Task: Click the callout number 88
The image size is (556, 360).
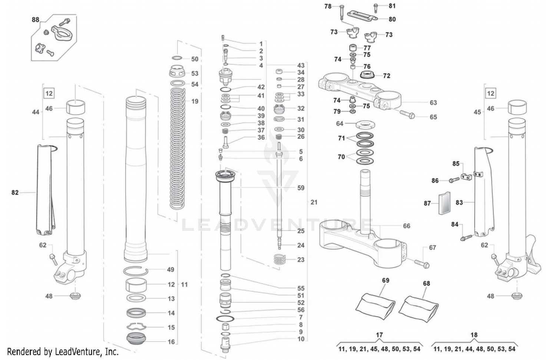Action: click(x=35, y=20)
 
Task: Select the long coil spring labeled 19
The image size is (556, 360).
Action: click(x=178, y=148)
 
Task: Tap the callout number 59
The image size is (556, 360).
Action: click(x=301, y=188)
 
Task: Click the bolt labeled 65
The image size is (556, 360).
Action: click(x=407, y=114)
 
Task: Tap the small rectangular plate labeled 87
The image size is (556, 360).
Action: click(x=444, y=203)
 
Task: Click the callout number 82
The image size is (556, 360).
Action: click(x=15, y=192)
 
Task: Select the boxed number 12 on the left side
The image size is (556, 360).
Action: click(x=49, y=93)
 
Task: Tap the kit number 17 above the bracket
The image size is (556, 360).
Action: click(x=379, y=335)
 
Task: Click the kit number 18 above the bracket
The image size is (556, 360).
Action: click(x=474, y=335)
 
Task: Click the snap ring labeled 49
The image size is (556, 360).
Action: click(x=136, y=271)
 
